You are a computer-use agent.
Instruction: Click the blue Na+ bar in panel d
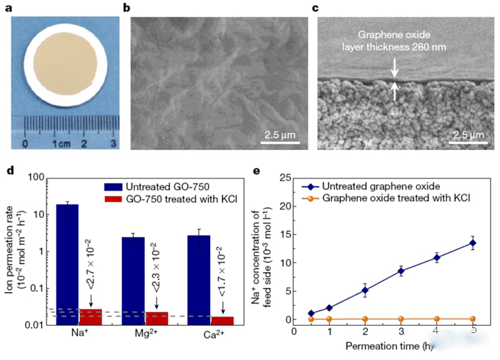point(68,264)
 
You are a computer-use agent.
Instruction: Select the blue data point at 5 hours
point(472,244)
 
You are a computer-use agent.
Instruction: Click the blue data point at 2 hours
point(365,290)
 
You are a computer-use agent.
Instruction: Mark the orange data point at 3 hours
point(401,319)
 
